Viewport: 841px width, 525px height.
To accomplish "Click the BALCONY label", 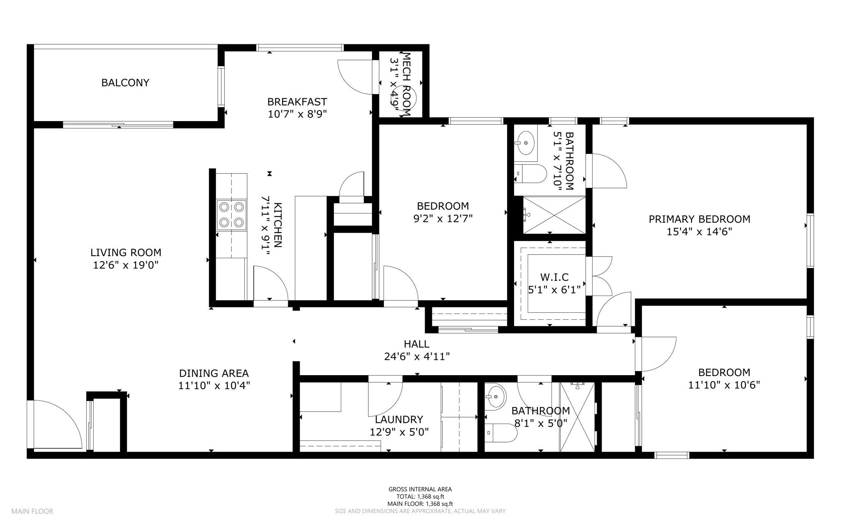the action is click(125, 83).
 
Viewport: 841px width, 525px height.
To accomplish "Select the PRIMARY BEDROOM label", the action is click(699, 219).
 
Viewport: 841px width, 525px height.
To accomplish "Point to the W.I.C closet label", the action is click(554, 277).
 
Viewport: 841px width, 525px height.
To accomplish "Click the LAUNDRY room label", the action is click(399, 420).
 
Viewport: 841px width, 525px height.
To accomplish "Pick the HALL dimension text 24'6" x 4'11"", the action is click(417, 357).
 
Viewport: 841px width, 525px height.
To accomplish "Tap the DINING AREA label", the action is click(214, 373).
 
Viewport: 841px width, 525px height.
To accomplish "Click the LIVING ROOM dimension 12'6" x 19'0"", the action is click(126, 265).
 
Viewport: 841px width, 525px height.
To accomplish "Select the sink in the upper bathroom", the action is click(526, 143).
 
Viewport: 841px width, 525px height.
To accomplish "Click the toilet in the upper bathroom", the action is click(530, 174).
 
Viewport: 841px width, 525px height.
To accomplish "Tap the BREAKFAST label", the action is click(297, 101).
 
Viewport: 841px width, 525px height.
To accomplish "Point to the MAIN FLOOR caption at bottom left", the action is click(32, 511).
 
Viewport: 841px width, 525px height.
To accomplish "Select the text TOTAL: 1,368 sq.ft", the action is click(420, 496).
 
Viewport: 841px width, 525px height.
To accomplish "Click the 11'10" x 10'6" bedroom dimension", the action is click(724, 385).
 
